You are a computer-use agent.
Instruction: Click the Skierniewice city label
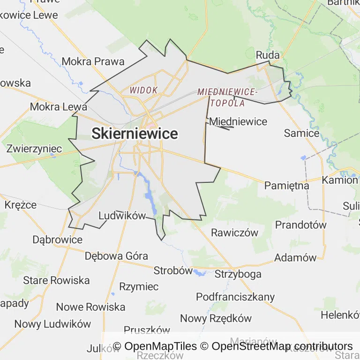pos(135,134)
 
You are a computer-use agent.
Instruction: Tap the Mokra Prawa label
pos(93,61)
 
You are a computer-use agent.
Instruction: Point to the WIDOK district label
pos(143,90)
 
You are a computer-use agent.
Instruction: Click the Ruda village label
pos(268,55)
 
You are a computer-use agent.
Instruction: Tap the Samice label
pos(301,133)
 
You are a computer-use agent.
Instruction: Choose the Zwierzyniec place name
pos(34,149)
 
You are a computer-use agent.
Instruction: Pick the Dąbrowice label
pos(57,240)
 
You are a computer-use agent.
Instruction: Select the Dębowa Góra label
pos(116,256)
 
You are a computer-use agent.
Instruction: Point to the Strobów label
pos(173,270)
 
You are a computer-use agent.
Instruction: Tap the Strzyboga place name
pos(238,274)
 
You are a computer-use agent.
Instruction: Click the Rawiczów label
pos(235,232)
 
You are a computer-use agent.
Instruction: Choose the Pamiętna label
pos(287,185)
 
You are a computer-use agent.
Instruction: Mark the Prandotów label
pos(300,225)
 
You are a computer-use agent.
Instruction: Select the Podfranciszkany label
pos(235,297)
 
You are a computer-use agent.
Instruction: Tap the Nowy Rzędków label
pos(216,318)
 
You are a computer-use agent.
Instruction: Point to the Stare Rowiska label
pos(56,280)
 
